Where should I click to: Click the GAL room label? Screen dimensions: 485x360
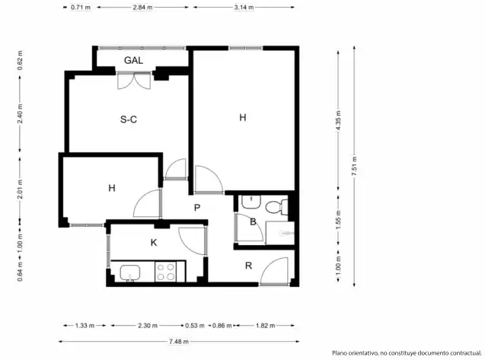pyautogui.click(x=134, y=60)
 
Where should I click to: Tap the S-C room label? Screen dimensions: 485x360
pyautogui.click(x=129, y=119)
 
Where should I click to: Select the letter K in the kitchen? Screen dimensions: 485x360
pyautogui.click(x=154, y=243)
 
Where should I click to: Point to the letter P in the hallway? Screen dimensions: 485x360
pyautogui.click(x=197, y=208)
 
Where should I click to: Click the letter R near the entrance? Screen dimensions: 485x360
pyautogui.click(x=248, y=266)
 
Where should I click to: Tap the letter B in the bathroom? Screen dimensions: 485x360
pyautogui.click(x=253, y=221)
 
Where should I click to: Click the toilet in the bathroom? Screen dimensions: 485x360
pyautogui.click(x=276, y=207)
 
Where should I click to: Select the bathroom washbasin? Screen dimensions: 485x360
pyautogui.click(x=251, y=202)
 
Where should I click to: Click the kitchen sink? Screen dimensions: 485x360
pyautogui.click(x=130, y=272)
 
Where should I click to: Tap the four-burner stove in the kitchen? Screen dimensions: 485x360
pyautogui.click(x=165, y=272)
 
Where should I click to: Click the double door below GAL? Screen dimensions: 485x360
pyautogui.click(x=134, y=81)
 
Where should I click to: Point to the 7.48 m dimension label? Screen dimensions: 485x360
pyautogui.click(x=178, y=342)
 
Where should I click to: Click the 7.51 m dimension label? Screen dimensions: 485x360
pyautogui.click(x=355, y=166)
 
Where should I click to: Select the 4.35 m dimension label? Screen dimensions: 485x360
pyautogui.click(x=338, y=120)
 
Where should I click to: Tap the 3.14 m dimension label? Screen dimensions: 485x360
pyautogui.click(x=244, y=7)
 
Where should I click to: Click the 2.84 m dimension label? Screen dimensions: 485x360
pyautogui.click(x=142, y=7)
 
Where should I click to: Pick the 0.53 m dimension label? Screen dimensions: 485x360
pyautogui.click(x=195, y=325)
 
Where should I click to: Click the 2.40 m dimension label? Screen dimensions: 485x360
pyautogui.click(x=20, y=113)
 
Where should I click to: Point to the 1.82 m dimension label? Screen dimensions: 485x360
pyautogui.click(x=266, y=325)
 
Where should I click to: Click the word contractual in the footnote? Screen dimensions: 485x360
pyautogui.click(x=466, y=353)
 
